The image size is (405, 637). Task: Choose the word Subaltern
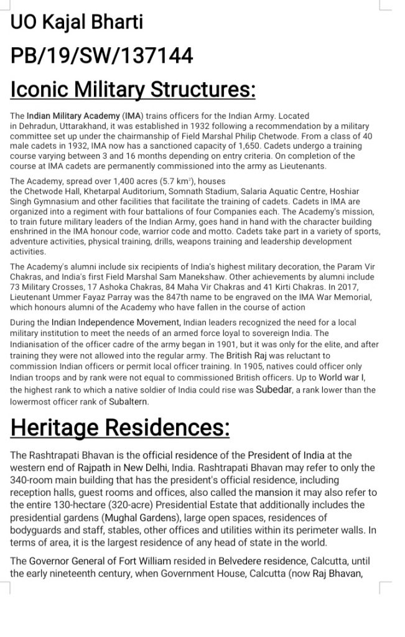tap(129, 401)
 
